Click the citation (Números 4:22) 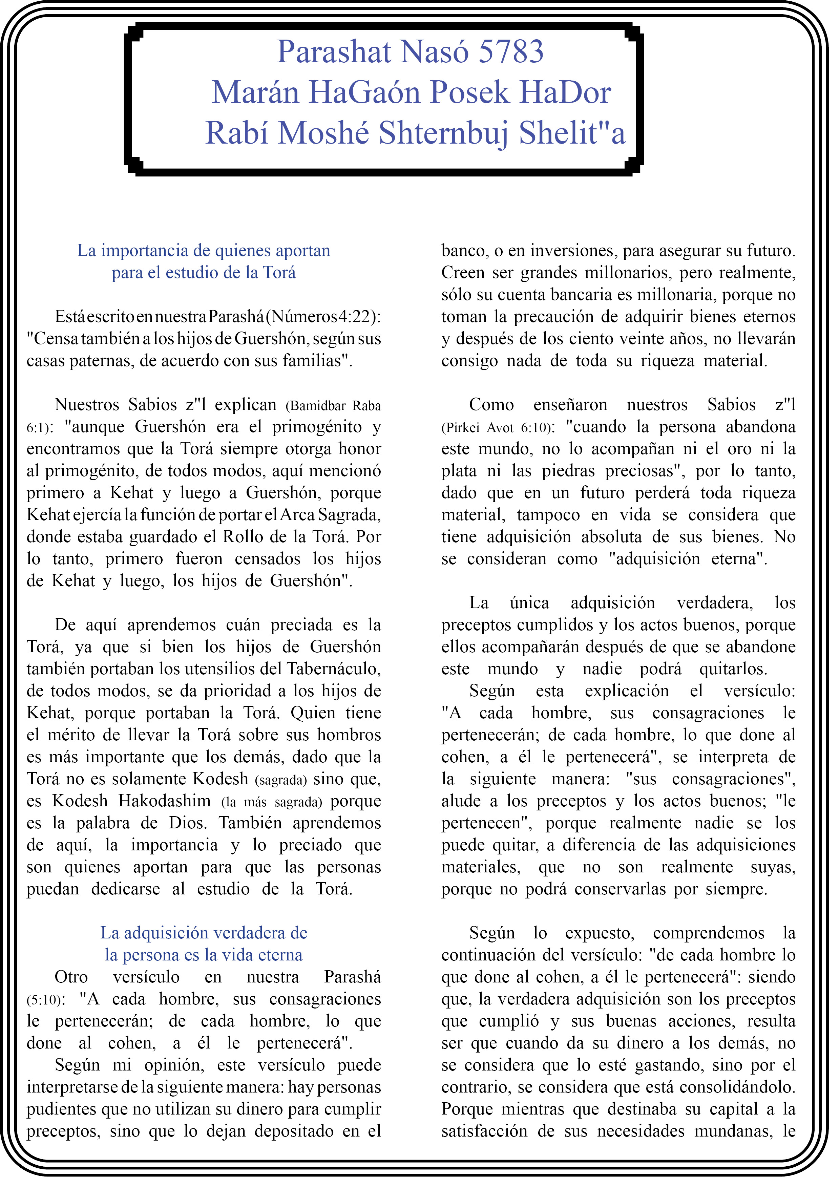[323, 316]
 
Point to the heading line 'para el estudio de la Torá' [204, 273]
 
